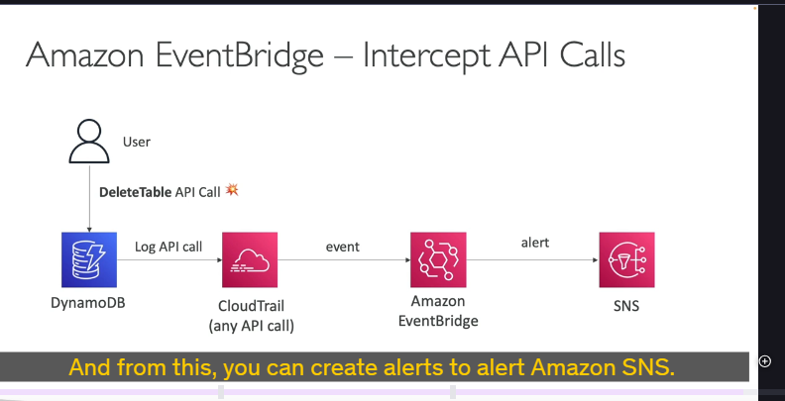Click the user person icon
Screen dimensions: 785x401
click(x=89, y=141)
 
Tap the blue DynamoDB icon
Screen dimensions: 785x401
click(x=89, y=259)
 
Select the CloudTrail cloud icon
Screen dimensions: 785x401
click(x=250, y=259)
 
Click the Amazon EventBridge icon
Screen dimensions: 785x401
click(x=438, y=259)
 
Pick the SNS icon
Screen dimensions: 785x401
click(x=626, y=259)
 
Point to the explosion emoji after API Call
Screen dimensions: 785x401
click(x=232, y=190)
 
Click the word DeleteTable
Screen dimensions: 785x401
click(x=135, y=192)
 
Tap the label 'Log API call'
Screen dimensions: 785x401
click(x=168, y=247)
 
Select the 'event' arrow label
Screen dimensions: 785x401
click(x=343, y=247)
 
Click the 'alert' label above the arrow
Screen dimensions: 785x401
click(x=535, y=243)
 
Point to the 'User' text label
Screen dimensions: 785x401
click(x=137, y=142)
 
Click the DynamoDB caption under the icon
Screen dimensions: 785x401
click(x=88, y=303)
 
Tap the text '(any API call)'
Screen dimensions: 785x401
click(x=252, y=326)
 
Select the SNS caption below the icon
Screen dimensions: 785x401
click(x=626, y=306)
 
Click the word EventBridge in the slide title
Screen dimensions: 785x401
click(x=239, y=55)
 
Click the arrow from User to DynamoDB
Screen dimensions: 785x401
click(x=89, y=199)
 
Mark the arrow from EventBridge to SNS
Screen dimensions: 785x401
click(x=532, y=260)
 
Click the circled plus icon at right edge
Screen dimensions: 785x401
click(x=765, y=361)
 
